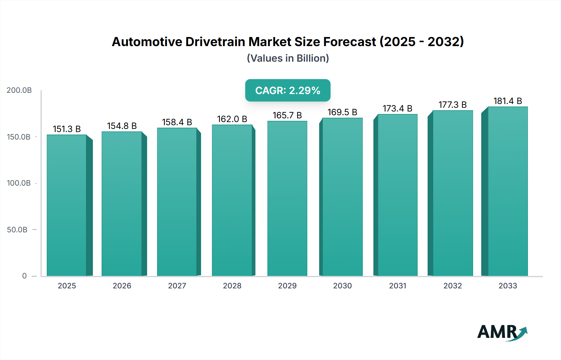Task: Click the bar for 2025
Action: coord(67,206)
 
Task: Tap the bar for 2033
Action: coord(507,192)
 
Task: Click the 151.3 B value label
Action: coord(67,129)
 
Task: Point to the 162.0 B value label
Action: coord(232,119)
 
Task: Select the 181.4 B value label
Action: coord(507,101)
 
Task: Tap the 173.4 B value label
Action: coord(397,108)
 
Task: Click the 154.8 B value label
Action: coord(122,126)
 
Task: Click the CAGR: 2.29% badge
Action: coord(288,90)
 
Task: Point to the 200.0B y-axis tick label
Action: coord(19,90)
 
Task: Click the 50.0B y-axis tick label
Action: coord(17,230)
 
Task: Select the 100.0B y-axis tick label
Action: coord(19,183)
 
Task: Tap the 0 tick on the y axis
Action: coord(24,276)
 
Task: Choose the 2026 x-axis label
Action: coord(122,286)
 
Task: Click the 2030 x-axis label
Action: coord(342,286)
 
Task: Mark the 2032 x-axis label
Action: coord(453,286)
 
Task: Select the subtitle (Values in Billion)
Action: coord(288,58)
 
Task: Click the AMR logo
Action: coord(502,333)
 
